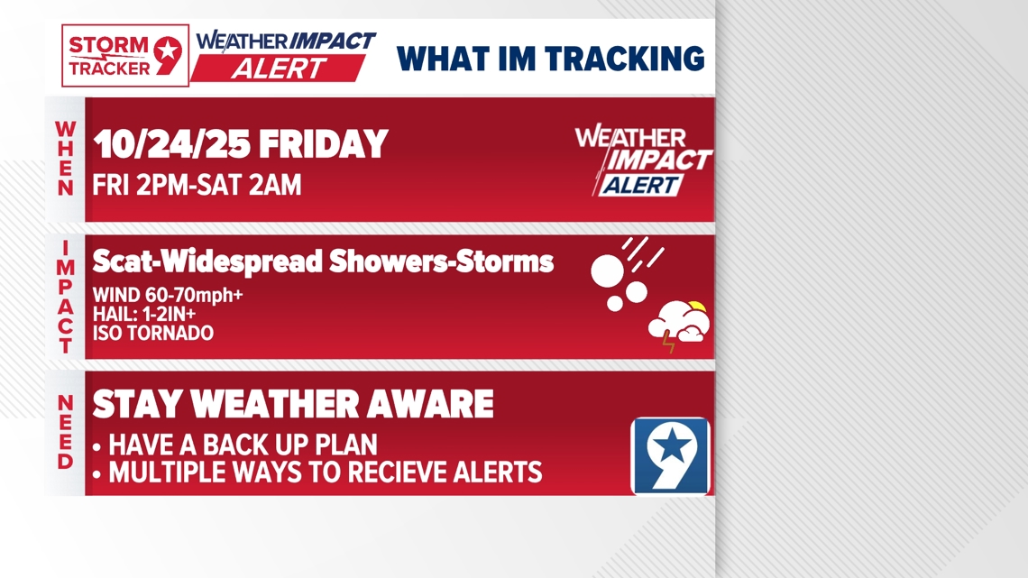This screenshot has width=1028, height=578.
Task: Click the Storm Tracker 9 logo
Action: click(x=125, y=56)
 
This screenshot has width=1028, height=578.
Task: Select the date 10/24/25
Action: click(x=170, y=144)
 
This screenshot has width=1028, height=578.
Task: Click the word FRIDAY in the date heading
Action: click(x=324, y=144)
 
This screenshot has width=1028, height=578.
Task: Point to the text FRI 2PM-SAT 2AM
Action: click(x=197, y=186)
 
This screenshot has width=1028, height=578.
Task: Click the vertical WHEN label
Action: click(x=66, y=160)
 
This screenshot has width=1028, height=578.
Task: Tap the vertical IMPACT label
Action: click(x=66, y=297)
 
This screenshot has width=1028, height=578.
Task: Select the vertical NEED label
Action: click(x=66, y=432)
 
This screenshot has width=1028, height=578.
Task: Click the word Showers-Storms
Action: click(x=441, y=261)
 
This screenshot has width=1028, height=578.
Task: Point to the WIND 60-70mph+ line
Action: click(x=168, y=295)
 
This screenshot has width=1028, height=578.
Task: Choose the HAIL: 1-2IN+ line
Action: click(x=144, y=314)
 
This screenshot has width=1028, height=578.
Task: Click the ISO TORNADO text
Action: click(x=152, y=333)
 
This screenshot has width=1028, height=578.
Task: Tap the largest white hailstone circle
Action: click(x=607, y=271)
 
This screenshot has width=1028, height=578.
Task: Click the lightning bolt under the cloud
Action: click(x=668, y=342)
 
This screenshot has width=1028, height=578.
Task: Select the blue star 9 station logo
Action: click(x=670, y=455)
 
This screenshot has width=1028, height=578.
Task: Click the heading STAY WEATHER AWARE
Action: click(x=293, y=404)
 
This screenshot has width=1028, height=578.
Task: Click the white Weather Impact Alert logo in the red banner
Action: click(x=642, y=160)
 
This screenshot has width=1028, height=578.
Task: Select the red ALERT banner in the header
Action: click(x=278, y=69)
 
